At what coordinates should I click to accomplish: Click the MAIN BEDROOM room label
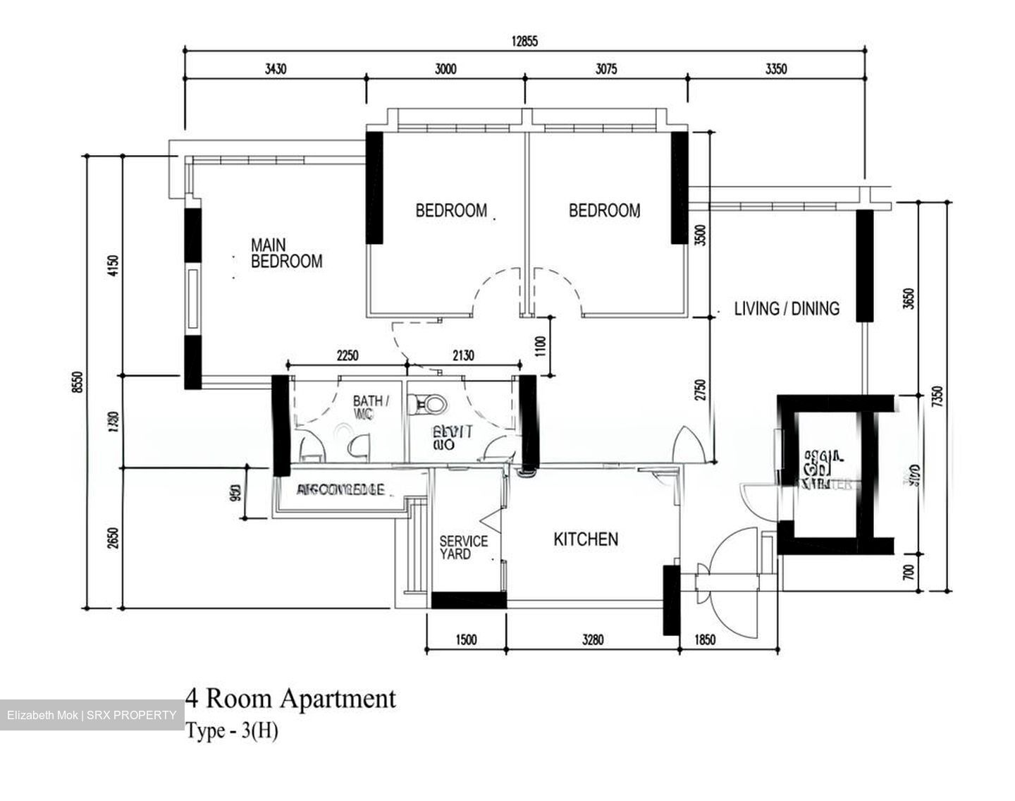click(x=286, y=254)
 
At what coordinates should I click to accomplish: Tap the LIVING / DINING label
click(x=787, y=309)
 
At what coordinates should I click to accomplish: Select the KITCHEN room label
click(x=586, y=539)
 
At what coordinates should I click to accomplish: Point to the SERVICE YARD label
click(x=463, y=548)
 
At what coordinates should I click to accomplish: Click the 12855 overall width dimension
click(x=524, y=41)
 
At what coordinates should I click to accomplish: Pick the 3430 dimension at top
click(x=276, y=69)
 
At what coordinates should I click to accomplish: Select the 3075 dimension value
click(x=605, y=69)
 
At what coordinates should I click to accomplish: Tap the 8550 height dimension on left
click(x=79, y=382)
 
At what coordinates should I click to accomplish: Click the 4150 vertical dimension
click(x=116, y=267)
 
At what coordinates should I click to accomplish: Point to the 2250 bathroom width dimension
click(x=347, y=356)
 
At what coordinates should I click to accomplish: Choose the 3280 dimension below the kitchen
click(x=593, y=640)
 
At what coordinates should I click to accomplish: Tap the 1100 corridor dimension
click(x=541, y=346)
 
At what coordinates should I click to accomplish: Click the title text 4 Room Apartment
click(x=290, y=699)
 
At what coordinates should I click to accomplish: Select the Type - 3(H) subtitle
click(x=232, y=731)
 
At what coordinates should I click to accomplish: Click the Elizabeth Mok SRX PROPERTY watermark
click(x=92, y=715)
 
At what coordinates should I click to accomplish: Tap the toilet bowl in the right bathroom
click(x=431, y=404)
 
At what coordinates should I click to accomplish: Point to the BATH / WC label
click(x=369, y=407)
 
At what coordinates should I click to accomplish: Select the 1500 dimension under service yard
click(x=466, y=640)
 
